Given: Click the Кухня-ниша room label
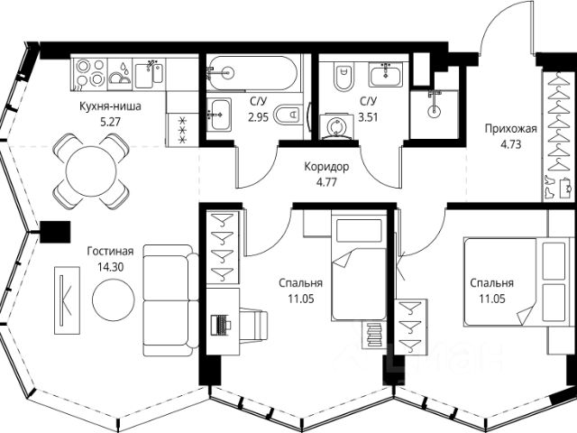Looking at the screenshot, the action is (110, 106).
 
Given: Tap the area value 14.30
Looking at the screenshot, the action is (110, 267).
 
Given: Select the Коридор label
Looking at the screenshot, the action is (326, 167).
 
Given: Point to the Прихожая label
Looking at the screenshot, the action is (511, 128).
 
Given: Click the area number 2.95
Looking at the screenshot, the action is (259, 117).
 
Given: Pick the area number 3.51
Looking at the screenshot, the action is (369, 117).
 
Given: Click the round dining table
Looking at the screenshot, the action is (90, 171).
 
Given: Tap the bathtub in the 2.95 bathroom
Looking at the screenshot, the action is (252, 73).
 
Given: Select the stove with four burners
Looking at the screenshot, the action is (90, 72).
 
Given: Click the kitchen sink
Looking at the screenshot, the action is (149, 74).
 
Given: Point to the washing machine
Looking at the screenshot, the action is (336, 126).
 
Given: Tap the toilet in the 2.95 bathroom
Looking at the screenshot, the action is (289, 115).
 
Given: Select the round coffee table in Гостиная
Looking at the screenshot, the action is (114, 299).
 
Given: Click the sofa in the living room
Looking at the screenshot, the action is (170, 300).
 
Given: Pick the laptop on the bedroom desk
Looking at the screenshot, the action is (221, 325).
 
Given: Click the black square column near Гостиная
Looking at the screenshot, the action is (55, 232).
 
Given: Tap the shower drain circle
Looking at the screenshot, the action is (435, 111).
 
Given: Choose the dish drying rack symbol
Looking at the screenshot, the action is (121, 74).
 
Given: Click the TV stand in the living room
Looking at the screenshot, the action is (67, 300).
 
